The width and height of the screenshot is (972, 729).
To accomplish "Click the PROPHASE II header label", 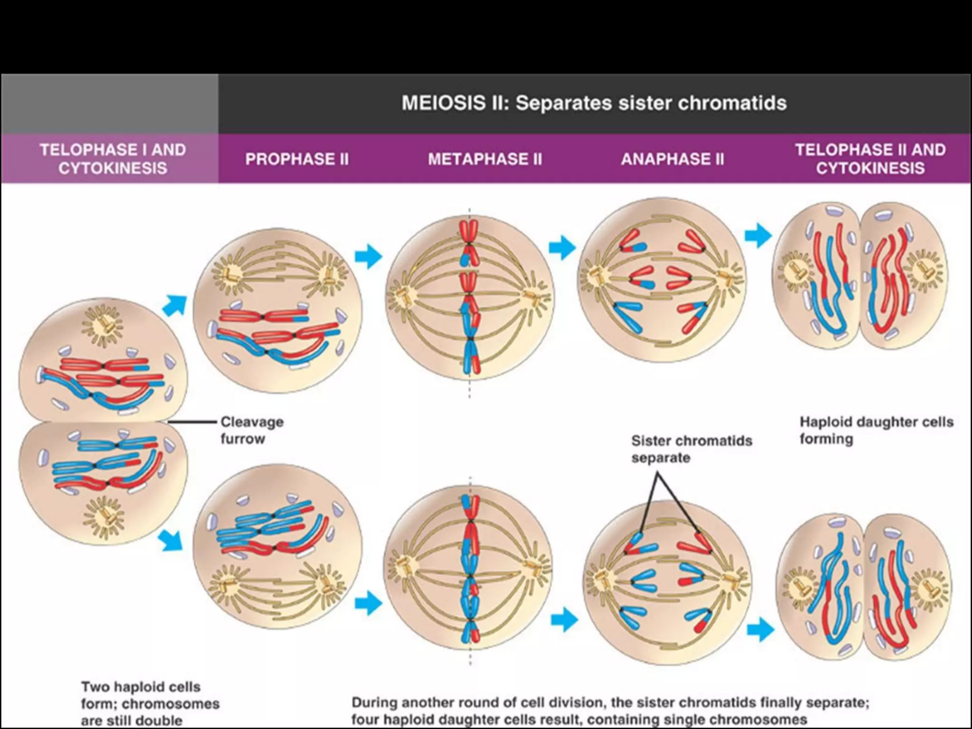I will point(297,159).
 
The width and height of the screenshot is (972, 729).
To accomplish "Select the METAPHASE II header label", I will point(485,159).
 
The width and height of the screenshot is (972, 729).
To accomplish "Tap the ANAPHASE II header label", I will point(673,159).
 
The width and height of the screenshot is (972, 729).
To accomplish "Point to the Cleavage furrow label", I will point(252,430).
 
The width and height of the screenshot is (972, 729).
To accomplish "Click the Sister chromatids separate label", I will point(691,449).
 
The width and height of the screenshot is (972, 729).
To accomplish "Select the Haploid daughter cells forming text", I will point(876,430).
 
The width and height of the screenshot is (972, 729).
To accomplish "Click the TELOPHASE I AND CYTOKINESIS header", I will point(112,159).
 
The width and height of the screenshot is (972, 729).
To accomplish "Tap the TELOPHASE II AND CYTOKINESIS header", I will point(870,159).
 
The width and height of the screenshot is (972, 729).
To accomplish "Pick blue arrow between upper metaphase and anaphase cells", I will point(562,247).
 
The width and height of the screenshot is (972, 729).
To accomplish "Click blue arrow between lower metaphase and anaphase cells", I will point(564,619).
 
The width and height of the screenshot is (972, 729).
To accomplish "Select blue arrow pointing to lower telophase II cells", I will point(760,629).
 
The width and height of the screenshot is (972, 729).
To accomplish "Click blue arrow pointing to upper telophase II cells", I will point(758,235).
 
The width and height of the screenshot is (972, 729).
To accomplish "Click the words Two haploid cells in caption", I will point(140,687).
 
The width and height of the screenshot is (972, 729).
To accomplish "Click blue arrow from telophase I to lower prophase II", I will point(171,541).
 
